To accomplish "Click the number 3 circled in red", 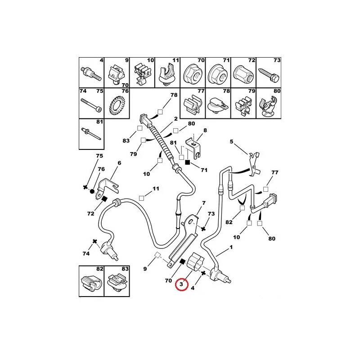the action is pos(181,284).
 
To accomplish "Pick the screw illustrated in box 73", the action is pos(269,73).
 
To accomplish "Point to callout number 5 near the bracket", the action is pos(231,142).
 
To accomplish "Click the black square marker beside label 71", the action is pos(188,162).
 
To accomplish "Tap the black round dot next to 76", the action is pos(92,191).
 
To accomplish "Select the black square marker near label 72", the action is pos(104,199).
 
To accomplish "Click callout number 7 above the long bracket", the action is pos(204,203).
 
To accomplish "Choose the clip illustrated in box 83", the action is pos(117,283).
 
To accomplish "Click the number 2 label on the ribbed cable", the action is pos(176,119).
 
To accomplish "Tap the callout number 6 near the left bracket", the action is pos(119,163).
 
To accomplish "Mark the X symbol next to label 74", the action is pos(94,241).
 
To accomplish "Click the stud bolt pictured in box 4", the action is pos(91,74).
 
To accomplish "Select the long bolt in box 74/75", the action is pos(91,105).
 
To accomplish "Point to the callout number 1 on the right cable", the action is pos(231,247).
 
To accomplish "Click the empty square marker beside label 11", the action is pos(142,198).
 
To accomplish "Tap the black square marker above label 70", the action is pos(183,261).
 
